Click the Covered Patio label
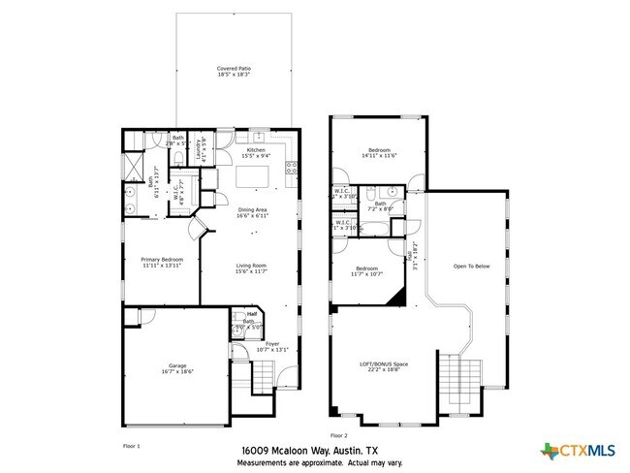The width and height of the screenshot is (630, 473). pos(233,71)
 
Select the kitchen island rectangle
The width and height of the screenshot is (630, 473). pos(255,178)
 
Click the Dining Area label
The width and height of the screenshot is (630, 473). pos(252,212)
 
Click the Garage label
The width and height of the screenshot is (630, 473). pos(177,368)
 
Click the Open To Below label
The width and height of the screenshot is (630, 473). pos(471,267)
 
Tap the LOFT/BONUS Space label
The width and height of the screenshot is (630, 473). pos(384,366)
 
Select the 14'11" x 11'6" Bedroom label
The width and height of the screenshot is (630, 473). pos(378,153)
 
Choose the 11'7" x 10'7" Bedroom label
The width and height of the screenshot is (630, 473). pos(368,270)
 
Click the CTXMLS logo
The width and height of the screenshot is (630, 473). pos(579,451)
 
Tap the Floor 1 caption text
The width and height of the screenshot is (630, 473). pos(132,445)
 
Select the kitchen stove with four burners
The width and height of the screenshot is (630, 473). pos(290,173)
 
